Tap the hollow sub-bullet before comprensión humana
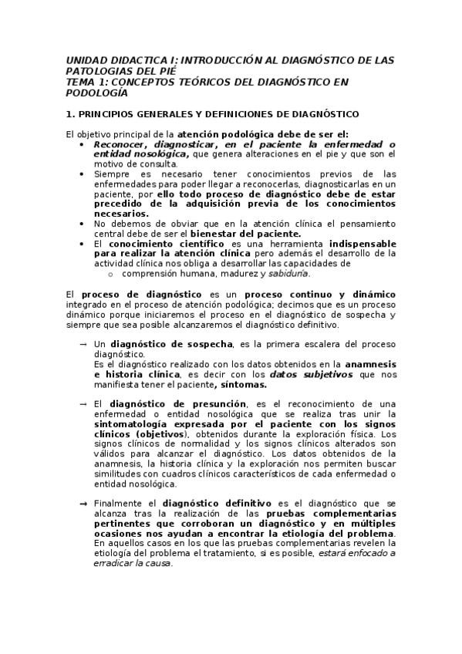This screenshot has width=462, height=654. point(111,273)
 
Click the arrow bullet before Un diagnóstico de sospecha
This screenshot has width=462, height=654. point(83,344)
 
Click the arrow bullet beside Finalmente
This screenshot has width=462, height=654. point(83,504)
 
